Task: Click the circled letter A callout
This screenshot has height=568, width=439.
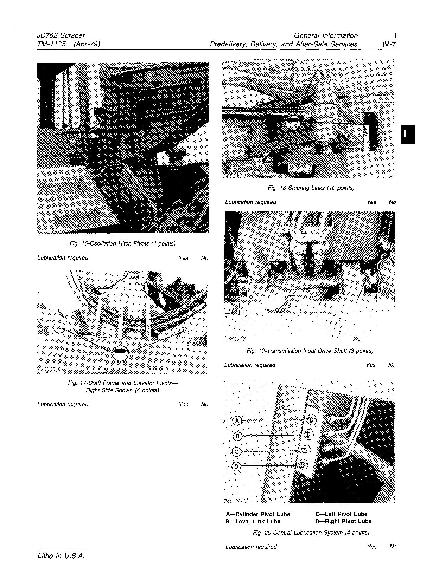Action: tap(237, 420)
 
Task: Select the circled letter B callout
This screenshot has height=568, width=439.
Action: tap(237, 436)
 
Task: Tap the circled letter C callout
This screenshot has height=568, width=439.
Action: tap(237, 451)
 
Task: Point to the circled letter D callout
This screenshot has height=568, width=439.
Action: tap(237, 466)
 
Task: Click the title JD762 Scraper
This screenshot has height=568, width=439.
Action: tap(61, 35)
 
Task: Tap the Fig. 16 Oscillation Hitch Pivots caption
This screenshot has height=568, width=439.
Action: tap(122, 243)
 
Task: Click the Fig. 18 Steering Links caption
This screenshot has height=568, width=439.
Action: tap(311, 188)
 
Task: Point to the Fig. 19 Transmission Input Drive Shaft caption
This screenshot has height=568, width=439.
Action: tap(310, 351)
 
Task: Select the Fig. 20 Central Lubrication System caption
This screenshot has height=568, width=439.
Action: tap(311, 533)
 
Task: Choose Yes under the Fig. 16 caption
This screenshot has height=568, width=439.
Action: tap(183, 258)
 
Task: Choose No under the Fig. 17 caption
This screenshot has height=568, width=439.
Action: tap(204, 404)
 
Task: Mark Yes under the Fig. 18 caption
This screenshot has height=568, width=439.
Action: tap(371, 202)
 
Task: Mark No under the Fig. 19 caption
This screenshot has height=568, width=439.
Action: tap(392, 365)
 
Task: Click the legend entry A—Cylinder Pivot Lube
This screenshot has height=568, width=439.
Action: tap(258, 514)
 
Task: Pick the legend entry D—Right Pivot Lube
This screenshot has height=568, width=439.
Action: tap(343, 521)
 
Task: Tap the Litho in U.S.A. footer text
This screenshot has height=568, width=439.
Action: tap(61, 556)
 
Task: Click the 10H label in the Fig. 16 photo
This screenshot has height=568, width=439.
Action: tap(74, 137)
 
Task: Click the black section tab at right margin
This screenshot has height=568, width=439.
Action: tap(408, 134)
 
